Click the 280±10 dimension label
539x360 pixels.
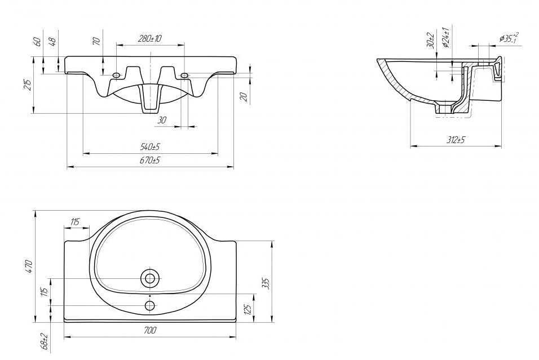click(x=149, y=38)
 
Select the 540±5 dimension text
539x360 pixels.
click(x=150, y=146)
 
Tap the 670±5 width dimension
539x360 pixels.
click(x=150, y=160)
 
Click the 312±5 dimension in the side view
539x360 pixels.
click(x=456, y=140)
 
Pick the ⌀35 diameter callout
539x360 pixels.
click(x=509, y=38)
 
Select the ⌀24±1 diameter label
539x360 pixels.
click(x=446, y=37)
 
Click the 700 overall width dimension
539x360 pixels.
click(x=150, y=330)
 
